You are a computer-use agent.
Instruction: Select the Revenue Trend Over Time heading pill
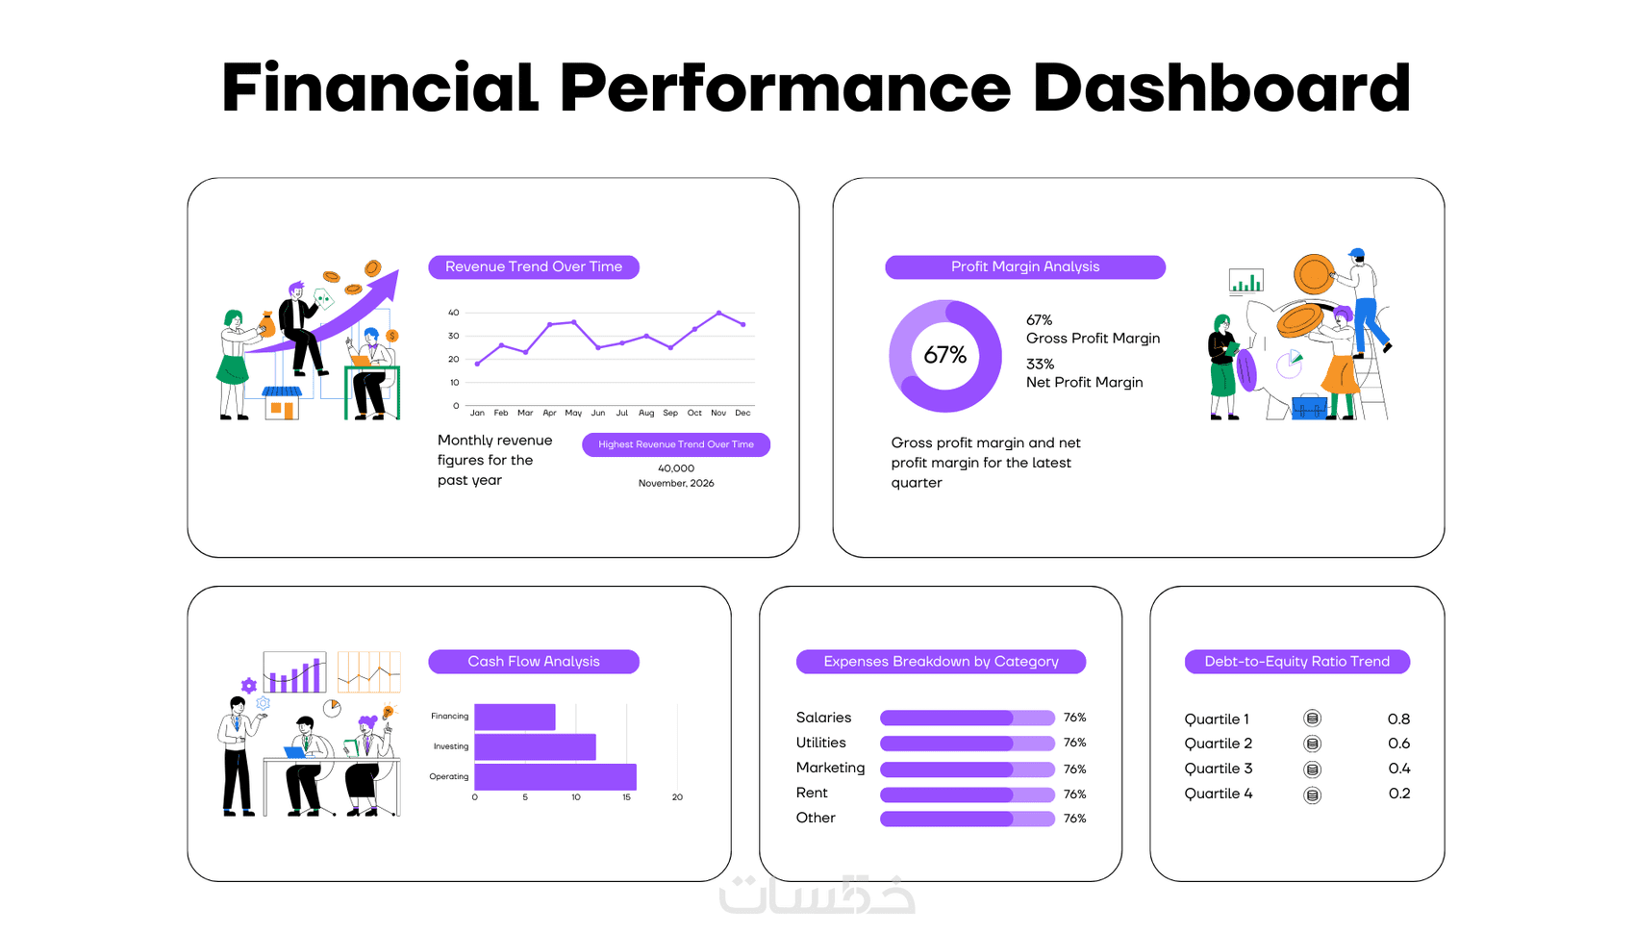coord(534,267)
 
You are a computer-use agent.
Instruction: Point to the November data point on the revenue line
coord(719,313)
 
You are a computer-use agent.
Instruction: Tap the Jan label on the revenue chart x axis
coord(477,414)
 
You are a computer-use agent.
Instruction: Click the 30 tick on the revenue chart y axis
coord(453,336)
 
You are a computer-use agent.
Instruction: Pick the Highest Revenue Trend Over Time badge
coord(676,444)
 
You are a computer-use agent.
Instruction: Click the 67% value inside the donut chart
coord(945,356)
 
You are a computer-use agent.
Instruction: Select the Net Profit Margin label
coord(1085,383)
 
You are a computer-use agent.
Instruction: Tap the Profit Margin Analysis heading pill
coord(1025,267)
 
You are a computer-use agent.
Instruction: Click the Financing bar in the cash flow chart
coord(515,717)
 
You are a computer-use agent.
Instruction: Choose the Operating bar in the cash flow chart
coord(556,777)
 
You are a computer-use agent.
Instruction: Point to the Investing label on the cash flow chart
coord(451,746)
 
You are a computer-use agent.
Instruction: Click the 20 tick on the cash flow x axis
coord(677,797)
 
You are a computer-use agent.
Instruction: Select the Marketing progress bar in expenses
coord(968,769)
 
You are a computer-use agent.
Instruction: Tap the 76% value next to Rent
coord(1074,794)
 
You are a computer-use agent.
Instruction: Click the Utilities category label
coord(821,744)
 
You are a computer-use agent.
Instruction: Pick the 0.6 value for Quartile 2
coord(1398,744)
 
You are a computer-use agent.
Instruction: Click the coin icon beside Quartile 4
coord(1313,795)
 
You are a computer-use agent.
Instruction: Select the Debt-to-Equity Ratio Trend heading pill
coord(1297,662)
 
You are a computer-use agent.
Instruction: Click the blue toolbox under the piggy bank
coord(1310,407)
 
